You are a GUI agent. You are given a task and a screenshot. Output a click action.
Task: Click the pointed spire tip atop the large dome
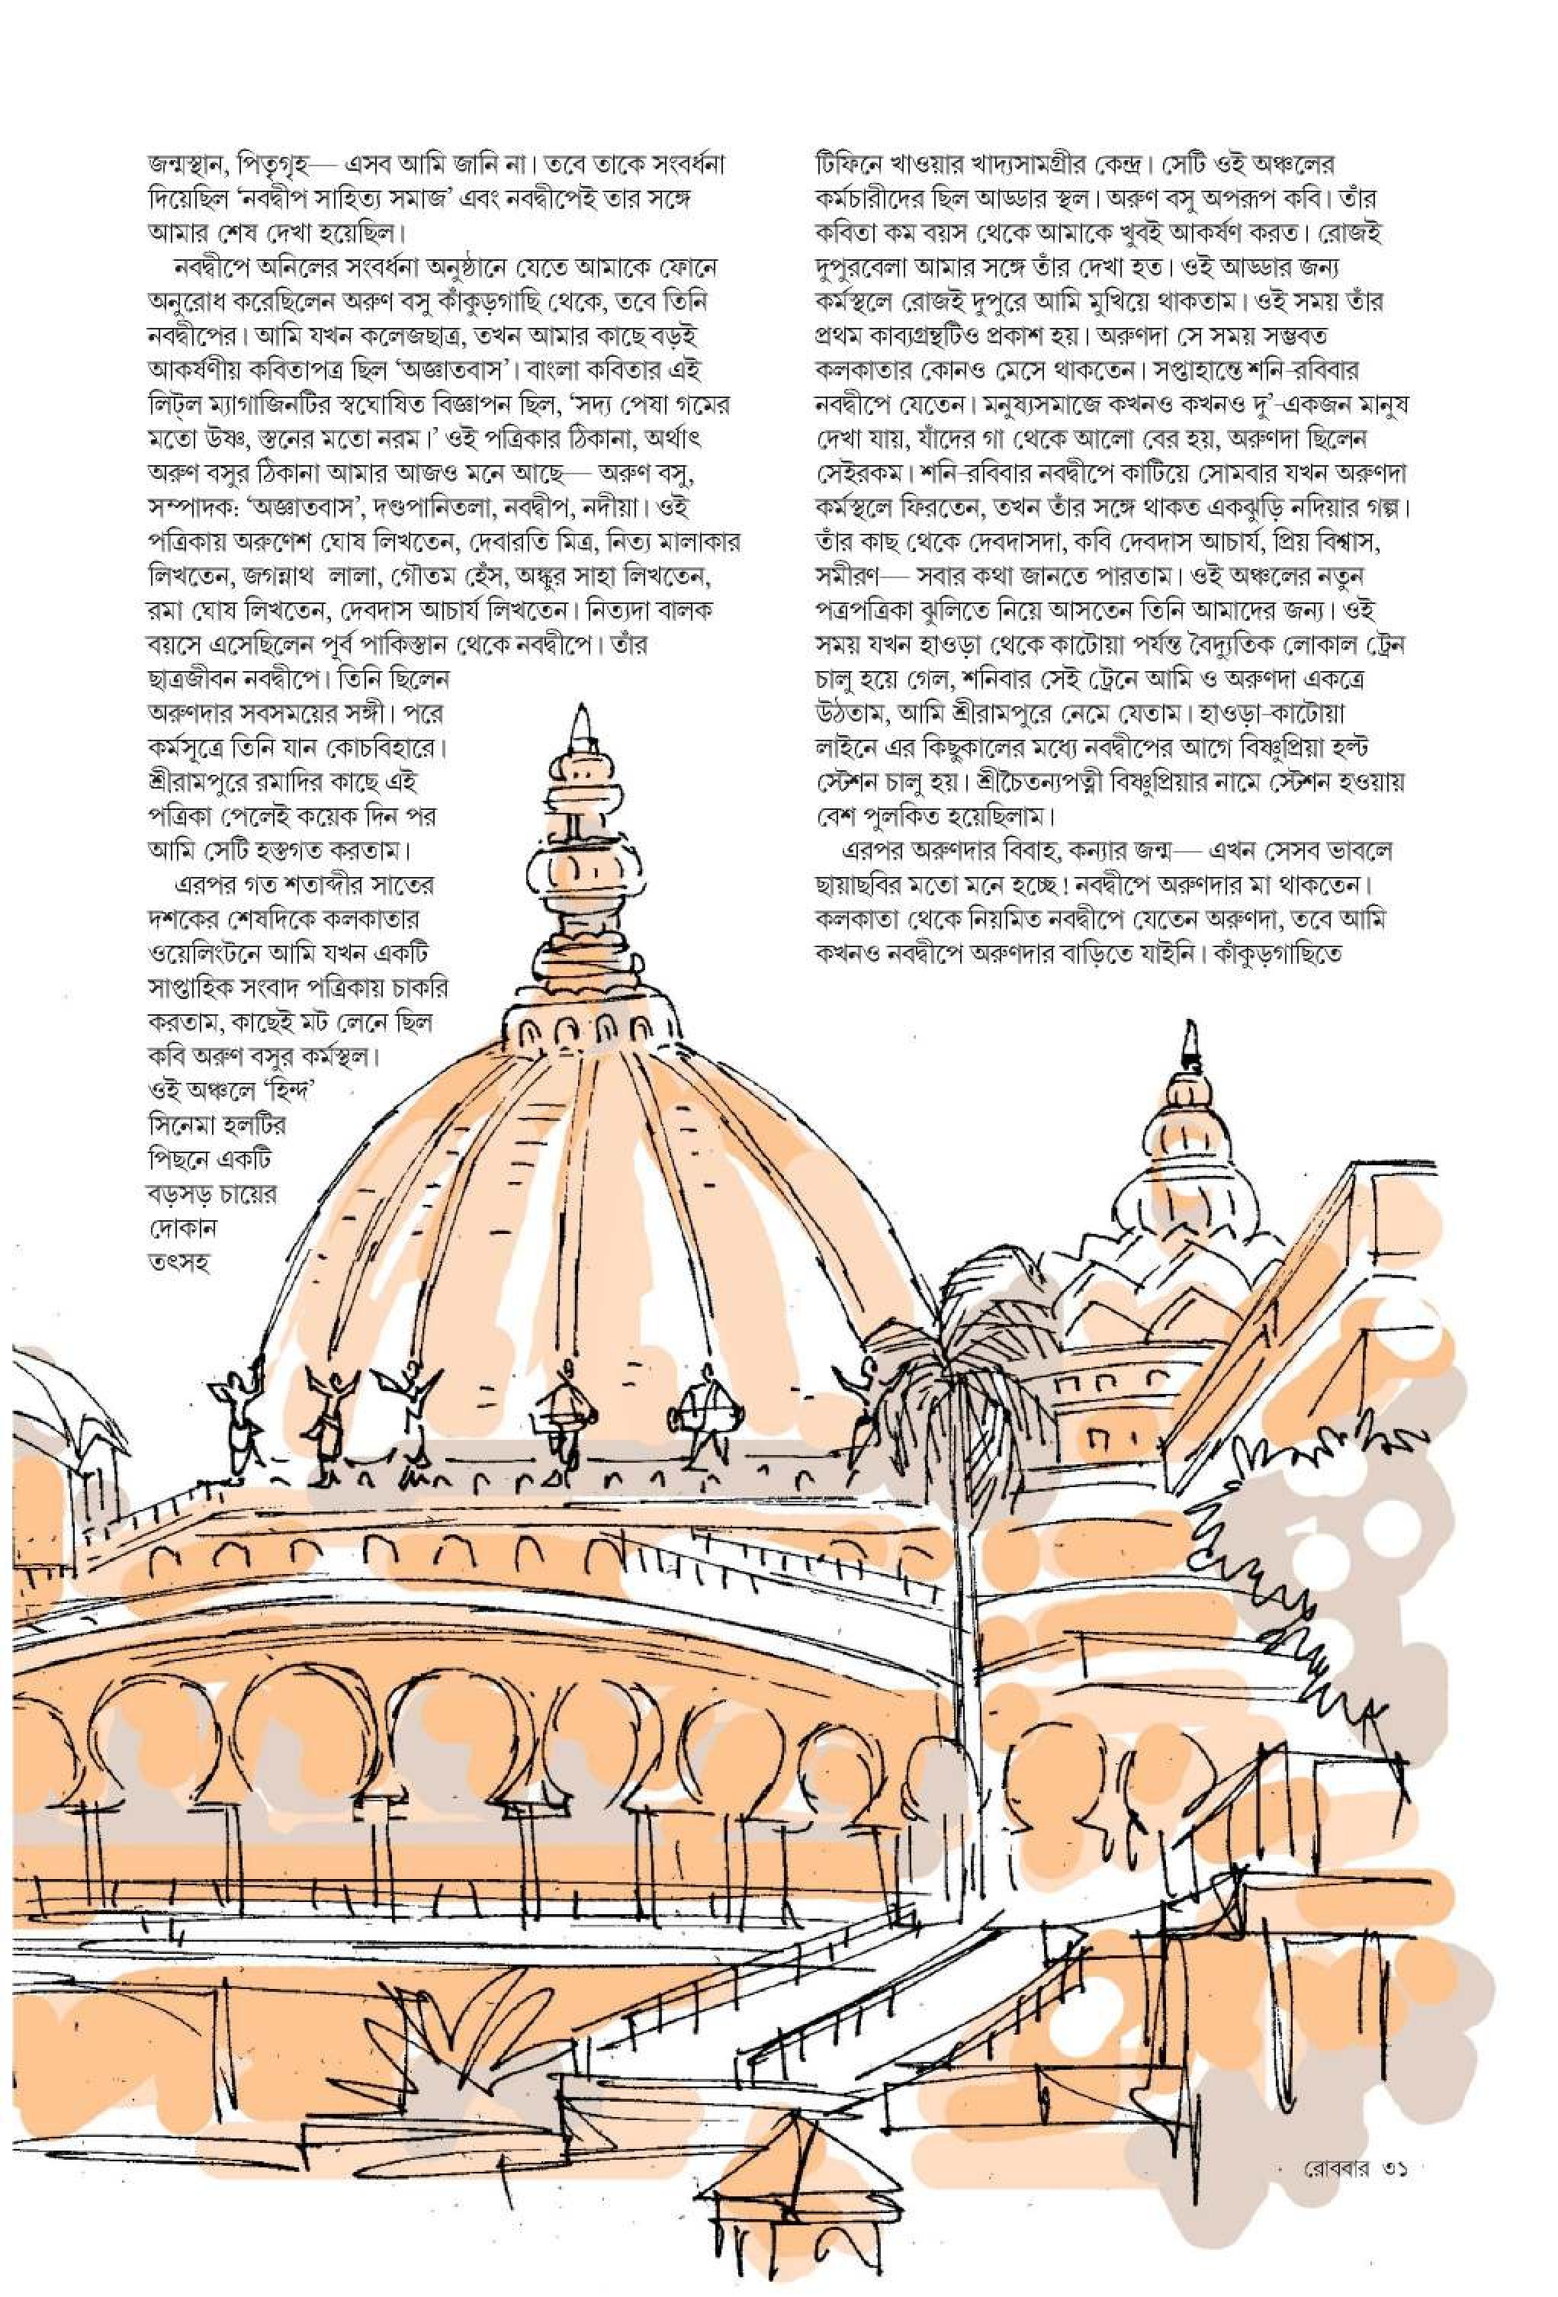click(583, 721)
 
